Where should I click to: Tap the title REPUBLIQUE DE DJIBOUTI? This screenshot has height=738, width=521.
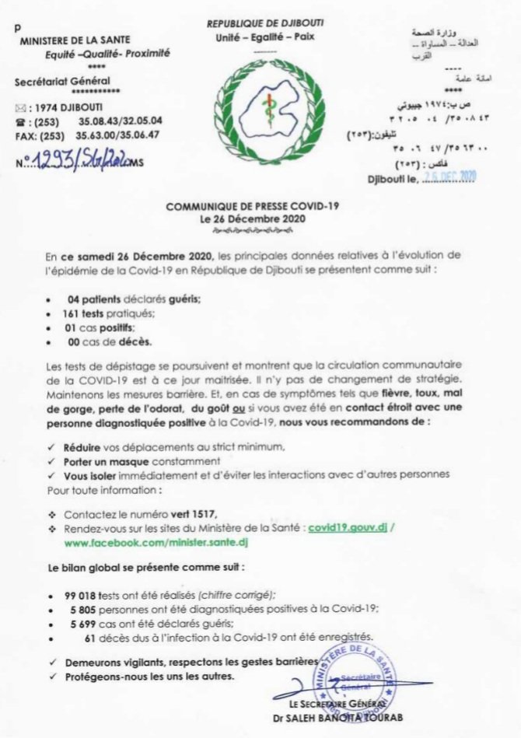[x=264, y=26]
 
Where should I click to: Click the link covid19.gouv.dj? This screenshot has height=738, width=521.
[x=347, y=526]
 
